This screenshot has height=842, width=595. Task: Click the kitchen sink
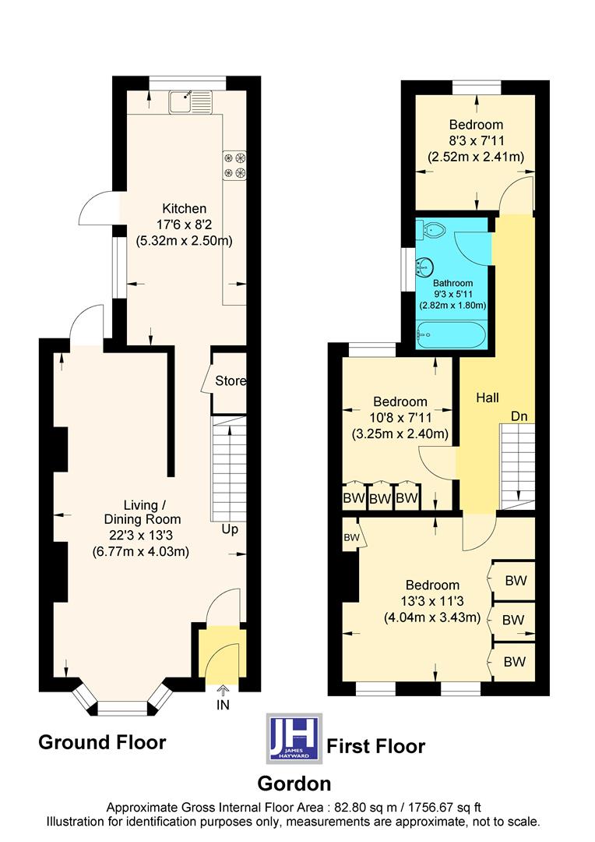point(189,99)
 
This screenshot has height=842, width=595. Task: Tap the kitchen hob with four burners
point(234,165)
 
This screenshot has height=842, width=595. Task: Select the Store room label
point(231,381)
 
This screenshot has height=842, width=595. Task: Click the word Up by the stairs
point(230,529)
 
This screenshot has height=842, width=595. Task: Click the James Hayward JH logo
point(294,737)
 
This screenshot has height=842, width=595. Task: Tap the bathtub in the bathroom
point(451,337)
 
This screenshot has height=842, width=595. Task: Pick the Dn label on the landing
point(519,416)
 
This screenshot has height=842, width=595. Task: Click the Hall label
point(488,398)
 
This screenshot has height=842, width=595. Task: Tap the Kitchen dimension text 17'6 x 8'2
point(185,225)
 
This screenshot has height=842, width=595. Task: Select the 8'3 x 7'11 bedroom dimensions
point(475,141)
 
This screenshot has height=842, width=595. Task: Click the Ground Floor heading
point(102,742)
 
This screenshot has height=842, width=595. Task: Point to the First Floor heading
point(375,746)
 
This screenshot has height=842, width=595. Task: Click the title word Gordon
point(294,783)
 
